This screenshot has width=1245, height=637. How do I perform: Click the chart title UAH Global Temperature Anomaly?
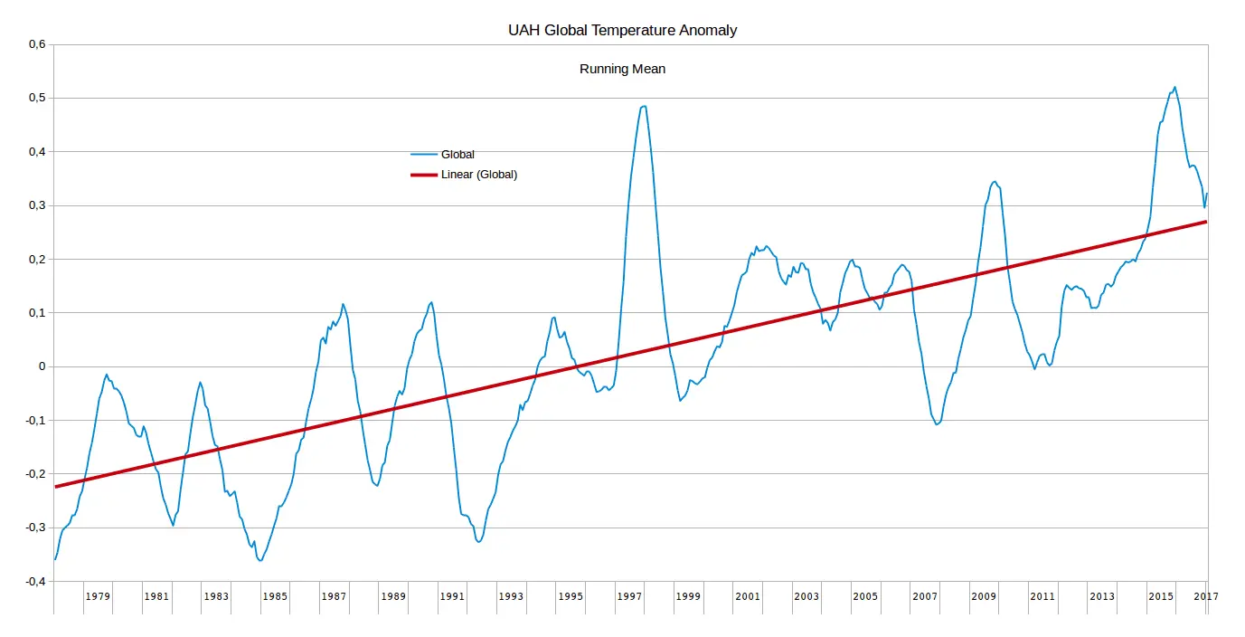[x=622, y=31]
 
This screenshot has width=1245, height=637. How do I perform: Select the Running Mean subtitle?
[x=622, y=69]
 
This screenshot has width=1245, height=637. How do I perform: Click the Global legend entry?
[x=457, y=155]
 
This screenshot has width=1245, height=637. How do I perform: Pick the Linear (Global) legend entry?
[x=478, y=175]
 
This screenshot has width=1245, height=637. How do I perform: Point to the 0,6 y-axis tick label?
[x=35, y=44]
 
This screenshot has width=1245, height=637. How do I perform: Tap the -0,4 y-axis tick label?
[x=33, y=582]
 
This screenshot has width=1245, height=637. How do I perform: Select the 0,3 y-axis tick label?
[x=35, y=205]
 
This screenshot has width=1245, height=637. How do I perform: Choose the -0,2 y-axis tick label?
[x=33, y=474]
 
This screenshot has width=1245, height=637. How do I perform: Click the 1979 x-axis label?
[x=98, y=596]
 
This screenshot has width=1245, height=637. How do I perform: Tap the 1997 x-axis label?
[x=629, y=596]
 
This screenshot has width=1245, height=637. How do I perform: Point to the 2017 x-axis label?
[x=1206, y=596]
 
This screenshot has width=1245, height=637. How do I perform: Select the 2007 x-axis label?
[x=925, y=596]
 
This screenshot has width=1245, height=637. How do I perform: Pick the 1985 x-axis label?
[x=275, y=596]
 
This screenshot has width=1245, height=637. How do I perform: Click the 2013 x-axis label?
[x=1102, y=596]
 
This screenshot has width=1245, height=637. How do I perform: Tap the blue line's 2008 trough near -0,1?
[x=937, y=423]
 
